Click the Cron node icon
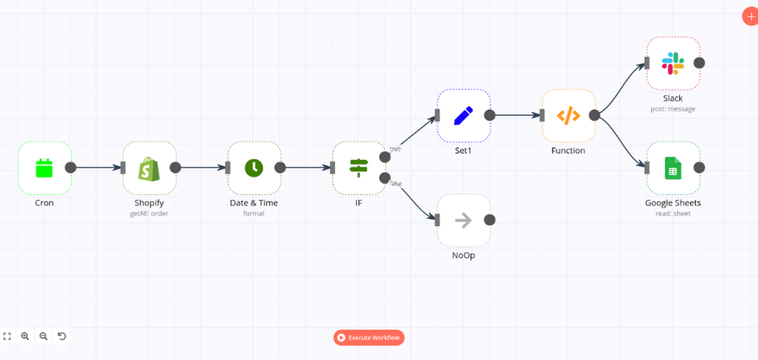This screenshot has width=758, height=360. click(45, 167)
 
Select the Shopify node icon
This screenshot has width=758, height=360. click(149, 167)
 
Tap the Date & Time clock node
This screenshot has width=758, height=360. click(254, 167)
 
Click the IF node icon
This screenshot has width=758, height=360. click(359, 167)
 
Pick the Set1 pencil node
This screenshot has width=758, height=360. click(463, 115)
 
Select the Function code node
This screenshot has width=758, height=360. click(568, 115)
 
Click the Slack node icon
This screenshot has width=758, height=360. click(673, 63)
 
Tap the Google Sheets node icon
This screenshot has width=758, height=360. click(673, 167)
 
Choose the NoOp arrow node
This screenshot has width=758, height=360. click(463, 220)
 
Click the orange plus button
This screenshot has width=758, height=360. click(750, 17)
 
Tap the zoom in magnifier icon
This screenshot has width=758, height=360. click(25, 336)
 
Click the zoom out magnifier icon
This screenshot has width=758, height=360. click(43, 336)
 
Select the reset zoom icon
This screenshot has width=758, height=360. click(62, 336)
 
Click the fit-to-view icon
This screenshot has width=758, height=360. click(7, 336)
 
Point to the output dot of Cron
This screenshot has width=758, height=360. click(70, 167)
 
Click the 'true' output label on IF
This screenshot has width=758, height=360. click(395, 149)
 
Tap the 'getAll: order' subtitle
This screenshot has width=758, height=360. click(149, 214)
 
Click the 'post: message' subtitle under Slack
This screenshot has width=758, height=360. click(673, 109)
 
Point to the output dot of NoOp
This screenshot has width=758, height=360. click(490, 220)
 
